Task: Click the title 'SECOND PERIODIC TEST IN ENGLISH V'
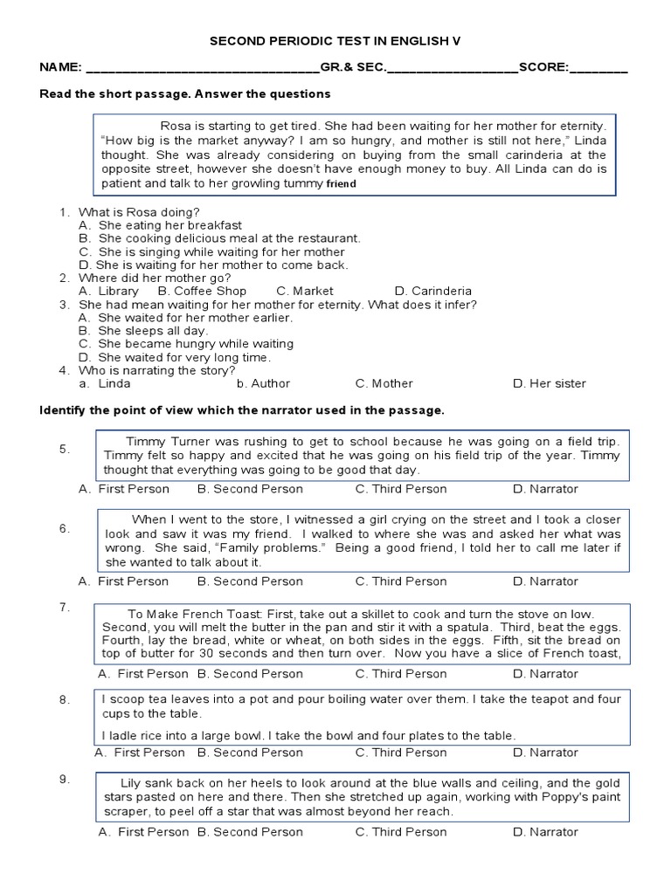[335, 41]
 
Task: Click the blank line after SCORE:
[598, 69]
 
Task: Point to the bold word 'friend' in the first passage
[342, 185]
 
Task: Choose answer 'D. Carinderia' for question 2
[432, 291]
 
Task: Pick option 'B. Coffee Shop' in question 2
[202, 291]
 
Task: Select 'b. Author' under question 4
[263, 383]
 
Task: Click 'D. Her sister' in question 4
[549, 383]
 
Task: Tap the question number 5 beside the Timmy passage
[65, 449]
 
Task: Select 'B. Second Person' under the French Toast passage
[250, 674]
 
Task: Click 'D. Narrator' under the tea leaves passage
[545, 753]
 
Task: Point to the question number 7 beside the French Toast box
[65, 606]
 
